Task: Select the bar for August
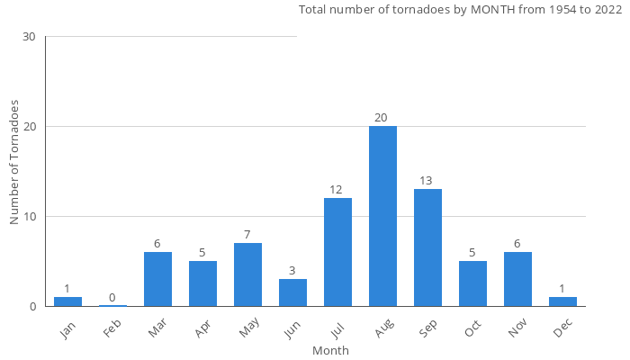382,216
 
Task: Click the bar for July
337,252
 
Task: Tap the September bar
427,247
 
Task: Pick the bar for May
247,274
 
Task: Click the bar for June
292,292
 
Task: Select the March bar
157,279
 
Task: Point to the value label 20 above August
382,118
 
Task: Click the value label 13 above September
427,181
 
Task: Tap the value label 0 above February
112,298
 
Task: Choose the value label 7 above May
247,235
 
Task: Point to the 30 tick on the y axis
30,37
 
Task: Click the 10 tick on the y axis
30,217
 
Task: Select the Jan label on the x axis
68,330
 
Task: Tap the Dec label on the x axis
563,330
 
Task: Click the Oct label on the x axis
473,330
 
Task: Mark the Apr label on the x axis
203,330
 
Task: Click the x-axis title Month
330,351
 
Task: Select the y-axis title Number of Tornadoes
14,162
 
